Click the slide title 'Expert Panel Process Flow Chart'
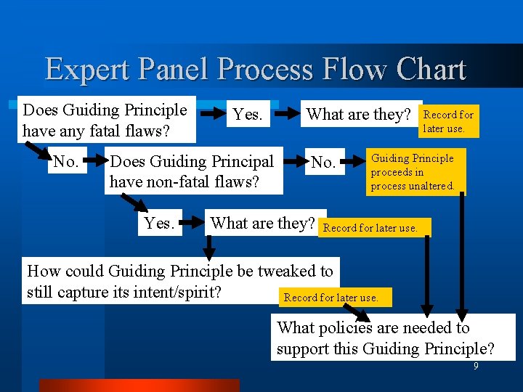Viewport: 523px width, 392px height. pyautogui.click(x=255, y=69)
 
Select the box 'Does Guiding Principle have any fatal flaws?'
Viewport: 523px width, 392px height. pyautogui.click(x=107, y=121)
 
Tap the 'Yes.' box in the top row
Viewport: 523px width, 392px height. pyautogui.click(x=248, y=115)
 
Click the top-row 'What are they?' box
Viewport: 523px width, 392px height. pyautogui.click(x=360, y=115)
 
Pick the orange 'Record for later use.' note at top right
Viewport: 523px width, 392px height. pyautogui.click(x=448, y=121)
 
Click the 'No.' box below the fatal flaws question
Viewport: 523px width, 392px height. pyautogui.click(x=66, y=161)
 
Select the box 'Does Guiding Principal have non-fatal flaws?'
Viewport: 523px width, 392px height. pyautogui.click(x=193, y=171)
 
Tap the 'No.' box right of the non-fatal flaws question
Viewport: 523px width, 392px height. pyautogui.click(x=323, y=162)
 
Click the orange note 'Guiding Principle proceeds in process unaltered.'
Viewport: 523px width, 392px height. pyautogui.click(x=414, y=173)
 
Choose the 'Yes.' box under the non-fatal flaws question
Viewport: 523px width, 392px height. pyautogui.click(x=159, y=224)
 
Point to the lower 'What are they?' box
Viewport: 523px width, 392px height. pyautogui.click(x=262, y=224)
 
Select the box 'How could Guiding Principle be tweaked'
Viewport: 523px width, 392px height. pyautogui.click(x=179, y=282)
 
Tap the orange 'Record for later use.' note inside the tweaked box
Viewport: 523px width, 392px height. pyautogui.click(x=331, y=298)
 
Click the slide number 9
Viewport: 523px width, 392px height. pyautogui.click(x=476, y=367)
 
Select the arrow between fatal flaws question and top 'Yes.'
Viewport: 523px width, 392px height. pyautogui.click(x=212, y=114)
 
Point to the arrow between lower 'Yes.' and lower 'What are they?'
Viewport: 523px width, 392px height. pyautogui.click(x=192, y=224)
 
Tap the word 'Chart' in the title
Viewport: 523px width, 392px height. pyautogui.click(x=431, y=69)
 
